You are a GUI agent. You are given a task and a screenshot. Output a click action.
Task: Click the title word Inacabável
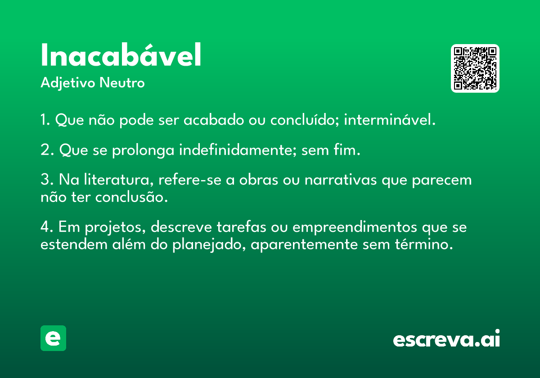[x=121, y=56]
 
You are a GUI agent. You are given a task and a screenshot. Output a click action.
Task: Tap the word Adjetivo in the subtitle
[x=68, y=83]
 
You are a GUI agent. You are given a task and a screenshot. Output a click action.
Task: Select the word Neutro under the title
[x=122, y=83]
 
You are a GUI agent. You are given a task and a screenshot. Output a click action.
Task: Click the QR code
[x=475, y=68]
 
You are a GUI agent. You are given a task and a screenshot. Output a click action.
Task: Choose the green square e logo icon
[x=53, y=338]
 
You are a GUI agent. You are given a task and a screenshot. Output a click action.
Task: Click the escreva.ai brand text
[x=446, y=339]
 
